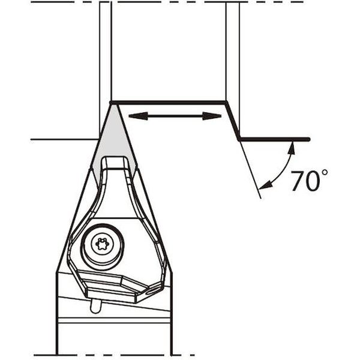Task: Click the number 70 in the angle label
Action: click(x=305, y=181)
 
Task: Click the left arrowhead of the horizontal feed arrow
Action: click(x=133, y=116)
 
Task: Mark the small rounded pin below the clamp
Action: click(x=95, y=306)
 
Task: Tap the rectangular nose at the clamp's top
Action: click(x=114, y=163)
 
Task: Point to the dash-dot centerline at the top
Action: click(x=180, y=2)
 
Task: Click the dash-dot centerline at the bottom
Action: click(x=180, y=355)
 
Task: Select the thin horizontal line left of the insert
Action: click(x=63, y=139)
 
